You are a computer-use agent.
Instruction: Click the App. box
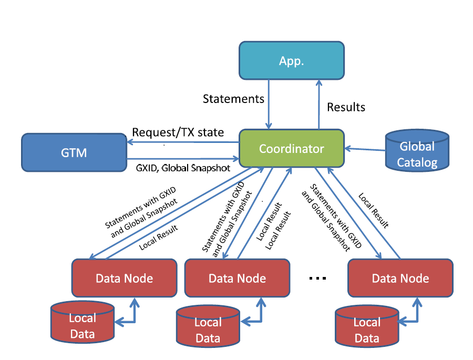291,60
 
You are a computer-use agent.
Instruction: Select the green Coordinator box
291,149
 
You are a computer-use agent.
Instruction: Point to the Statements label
233,98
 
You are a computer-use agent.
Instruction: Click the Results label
346,107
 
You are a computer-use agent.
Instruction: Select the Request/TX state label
178,132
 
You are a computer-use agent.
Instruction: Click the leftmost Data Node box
124,278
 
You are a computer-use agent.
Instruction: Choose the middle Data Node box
237,278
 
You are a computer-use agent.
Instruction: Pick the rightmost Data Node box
400,278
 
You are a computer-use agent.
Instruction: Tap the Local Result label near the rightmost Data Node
374,211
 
